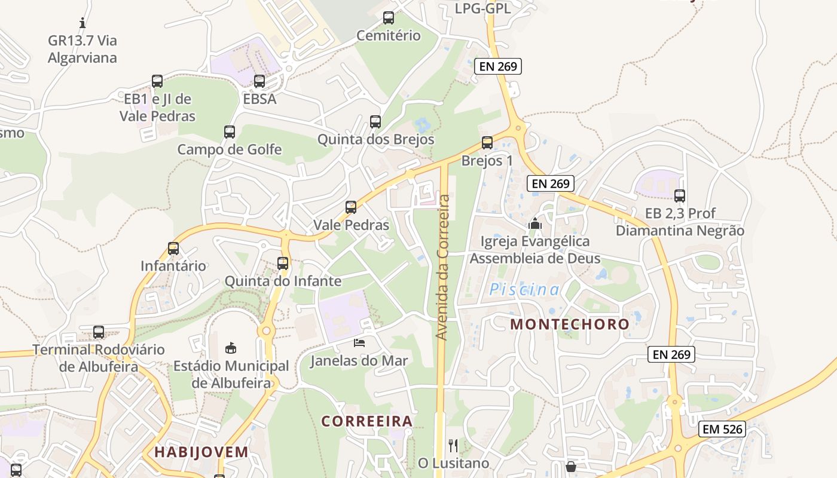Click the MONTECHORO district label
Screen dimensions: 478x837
[570, 324]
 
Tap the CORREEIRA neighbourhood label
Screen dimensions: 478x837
[367, 421]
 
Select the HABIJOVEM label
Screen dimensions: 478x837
[201, 452]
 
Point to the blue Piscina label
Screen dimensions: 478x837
[524, 290]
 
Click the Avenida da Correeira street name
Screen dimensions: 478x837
[442, 267]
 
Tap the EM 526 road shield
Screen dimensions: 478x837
[722, 428]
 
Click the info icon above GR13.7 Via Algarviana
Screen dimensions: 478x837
[83, 23]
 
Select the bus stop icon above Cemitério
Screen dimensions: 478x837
[389, 18]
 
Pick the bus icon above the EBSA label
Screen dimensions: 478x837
[259, 81]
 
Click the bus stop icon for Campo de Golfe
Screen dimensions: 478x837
[230, 132]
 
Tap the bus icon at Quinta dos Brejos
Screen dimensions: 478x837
[375, 122]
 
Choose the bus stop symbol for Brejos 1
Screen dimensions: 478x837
[487, 143]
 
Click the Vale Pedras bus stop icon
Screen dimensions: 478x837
[351, 207]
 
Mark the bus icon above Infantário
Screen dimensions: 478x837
[173, 249]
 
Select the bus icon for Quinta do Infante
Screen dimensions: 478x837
[283, 263]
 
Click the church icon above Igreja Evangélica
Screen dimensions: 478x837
[534, 224]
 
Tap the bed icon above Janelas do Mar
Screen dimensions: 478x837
[359, 342]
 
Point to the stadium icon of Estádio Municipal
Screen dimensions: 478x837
[231, 348]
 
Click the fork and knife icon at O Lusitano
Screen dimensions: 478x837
[453, 445]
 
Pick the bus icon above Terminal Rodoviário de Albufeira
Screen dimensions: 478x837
[99, 332]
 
